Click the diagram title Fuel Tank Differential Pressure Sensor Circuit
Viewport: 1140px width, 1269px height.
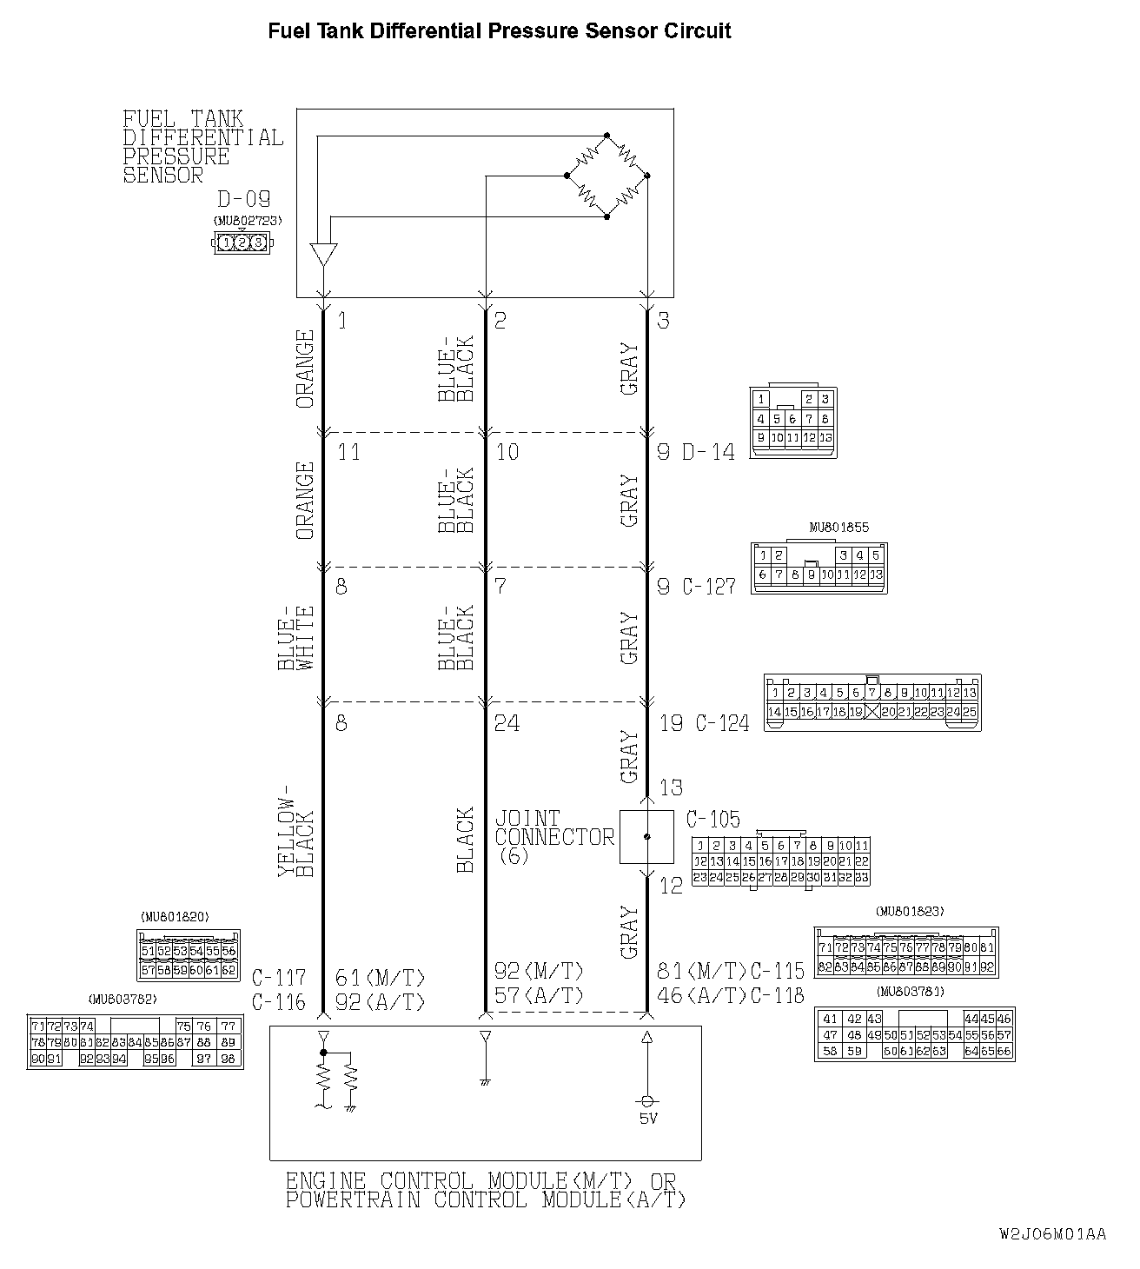pos(499,32)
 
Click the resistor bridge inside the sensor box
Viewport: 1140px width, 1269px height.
pos(606,176)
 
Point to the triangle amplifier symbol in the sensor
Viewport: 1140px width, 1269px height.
pos(323,255)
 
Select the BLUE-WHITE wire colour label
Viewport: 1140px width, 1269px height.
pos(295,637)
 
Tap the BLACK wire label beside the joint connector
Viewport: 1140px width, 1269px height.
pos(465,840)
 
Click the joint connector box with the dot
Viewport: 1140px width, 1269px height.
pos(646,837)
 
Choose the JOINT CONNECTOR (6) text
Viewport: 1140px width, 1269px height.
pos(554,837)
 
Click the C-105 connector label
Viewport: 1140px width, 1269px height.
pos(712,820)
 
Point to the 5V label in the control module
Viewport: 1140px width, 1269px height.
pos(647,1119)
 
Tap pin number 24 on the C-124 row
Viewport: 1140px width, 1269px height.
pos(506,723)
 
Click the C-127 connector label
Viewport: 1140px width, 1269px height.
pos(708,587)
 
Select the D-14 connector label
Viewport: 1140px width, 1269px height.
pos(708,452)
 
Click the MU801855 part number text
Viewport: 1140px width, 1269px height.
pos(838,528)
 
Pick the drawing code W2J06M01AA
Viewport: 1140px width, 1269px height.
pos(1052,1234)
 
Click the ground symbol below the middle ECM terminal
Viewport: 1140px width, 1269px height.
pos(485,1082)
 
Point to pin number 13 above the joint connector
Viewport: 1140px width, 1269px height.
pos(671,788)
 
